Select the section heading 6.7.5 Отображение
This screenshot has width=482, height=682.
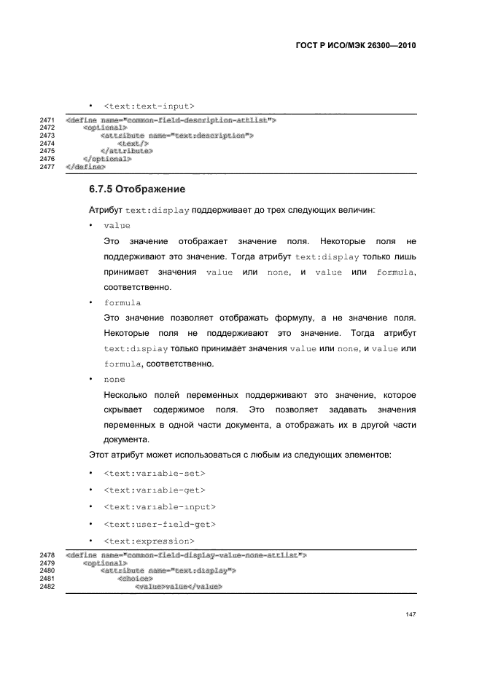click(136, 189)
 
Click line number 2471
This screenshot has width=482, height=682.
click(47, 119)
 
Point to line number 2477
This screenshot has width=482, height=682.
click(47, 167)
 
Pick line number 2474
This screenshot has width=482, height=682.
click(47, 144)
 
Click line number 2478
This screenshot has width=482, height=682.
click(47, 555)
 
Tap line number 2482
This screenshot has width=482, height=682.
click(47, 587)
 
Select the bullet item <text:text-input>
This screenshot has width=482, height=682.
click(149, 106)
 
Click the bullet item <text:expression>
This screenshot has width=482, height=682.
click(149, 541)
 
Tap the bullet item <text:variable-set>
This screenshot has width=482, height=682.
click(149, 473)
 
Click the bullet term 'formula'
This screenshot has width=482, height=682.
click(123, 302)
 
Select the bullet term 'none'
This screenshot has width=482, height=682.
click(114, 380)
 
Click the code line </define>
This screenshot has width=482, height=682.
click(85, 167)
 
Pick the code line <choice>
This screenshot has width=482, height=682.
click(135, 579)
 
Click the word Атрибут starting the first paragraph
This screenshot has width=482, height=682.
click(105, 210)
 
